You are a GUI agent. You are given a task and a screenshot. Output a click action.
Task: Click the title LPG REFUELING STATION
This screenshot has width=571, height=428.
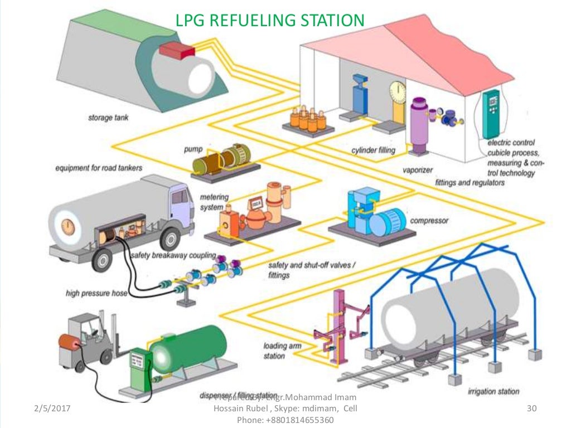[x=270, y=21]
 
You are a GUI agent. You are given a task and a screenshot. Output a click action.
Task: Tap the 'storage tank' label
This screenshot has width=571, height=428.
[x=108, y=118]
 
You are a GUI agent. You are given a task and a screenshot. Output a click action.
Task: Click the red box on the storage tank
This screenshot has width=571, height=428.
[x=176, y=50]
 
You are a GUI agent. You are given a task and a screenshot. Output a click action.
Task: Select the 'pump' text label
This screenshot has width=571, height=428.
[x=192, y=149]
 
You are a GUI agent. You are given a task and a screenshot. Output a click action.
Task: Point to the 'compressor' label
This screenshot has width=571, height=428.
[x=429, y=221]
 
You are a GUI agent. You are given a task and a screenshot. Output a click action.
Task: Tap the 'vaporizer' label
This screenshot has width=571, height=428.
[x=417, y=169]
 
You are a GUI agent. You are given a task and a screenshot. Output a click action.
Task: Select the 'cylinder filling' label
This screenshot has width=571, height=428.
[x=373, y=150]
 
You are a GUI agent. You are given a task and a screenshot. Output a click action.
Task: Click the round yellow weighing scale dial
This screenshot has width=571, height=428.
[x=397, y=89]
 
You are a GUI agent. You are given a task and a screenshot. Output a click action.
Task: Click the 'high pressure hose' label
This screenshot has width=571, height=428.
[x=96, y=293]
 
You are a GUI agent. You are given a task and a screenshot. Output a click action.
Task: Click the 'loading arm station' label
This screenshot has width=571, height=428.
[x=282, y=351]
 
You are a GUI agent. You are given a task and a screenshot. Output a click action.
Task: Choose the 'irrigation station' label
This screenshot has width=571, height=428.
[x=493, y=391]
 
